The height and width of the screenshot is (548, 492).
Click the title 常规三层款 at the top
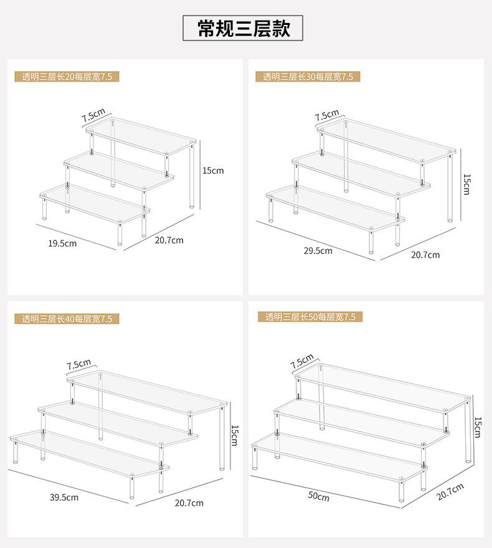243,28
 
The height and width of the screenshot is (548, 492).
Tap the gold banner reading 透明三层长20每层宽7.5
67,77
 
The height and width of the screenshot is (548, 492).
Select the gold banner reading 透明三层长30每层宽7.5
308,77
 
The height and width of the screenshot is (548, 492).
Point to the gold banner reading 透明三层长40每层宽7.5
67,319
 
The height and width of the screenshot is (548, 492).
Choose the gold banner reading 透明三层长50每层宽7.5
310,317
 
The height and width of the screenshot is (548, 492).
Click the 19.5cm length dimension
62,243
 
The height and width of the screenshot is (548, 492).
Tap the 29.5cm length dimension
318,251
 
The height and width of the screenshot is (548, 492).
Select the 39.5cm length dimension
64,498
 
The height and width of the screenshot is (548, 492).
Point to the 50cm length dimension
318,496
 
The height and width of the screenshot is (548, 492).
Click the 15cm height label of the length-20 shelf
213,171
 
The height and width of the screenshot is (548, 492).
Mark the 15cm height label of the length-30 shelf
466,184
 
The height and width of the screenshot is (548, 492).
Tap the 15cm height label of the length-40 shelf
234,435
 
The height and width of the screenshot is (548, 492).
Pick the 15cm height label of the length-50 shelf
477,427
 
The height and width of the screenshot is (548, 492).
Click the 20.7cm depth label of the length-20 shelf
169,240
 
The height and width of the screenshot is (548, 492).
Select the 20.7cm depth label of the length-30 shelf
425,255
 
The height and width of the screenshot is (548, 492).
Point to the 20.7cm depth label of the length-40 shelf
189,503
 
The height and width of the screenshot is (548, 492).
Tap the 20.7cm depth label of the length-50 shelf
450,492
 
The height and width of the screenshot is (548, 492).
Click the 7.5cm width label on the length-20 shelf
93,115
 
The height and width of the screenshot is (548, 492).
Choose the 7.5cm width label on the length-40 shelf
79,364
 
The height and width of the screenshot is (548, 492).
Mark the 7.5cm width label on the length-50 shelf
302,362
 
